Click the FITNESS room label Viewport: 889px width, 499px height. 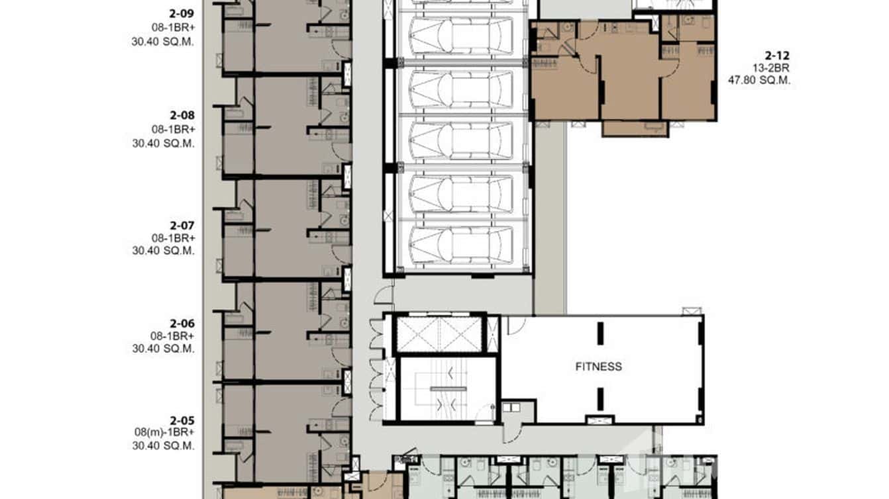click(x=598, y=367)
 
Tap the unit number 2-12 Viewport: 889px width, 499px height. click(x=776, y=56)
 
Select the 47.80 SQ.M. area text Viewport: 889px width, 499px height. click(x=760, y=81)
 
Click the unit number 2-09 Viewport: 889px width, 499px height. click(x=182, y=11)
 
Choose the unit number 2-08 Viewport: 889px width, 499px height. click(x=182, y=115)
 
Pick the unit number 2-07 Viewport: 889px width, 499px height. click(x=182, y=225)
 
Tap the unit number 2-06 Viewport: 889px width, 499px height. click(x=182, y=324)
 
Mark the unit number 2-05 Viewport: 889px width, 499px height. click(x=182, y=420)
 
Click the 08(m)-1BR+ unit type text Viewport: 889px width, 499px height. click(x=163, y=433)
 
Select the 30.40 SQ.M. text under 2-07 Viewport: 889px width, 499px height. click(x=163, y=251)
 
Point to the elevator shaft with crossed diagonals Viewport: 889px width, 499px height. click(x=439, y=334)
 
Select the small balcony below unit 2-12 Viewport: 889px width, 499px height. click(x=635, y=128)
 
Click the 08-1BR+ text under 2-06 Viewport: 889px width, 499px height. click(x=173, y=336)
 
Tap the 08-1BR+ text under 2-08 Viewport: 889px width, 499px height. click(x=173, y=128)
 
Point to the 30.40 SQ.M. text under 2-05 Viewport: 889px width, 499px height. click(x=163, y=446)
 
